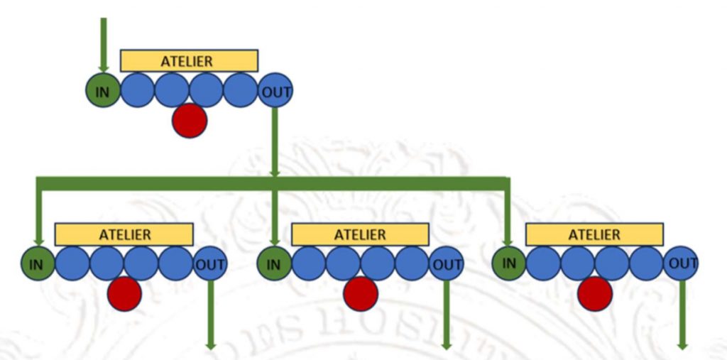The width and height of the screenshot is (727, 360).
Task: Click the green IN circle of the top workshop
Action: click(103, 92)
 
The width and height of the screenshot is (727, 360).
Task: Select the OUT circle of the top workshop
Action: click(275, 92)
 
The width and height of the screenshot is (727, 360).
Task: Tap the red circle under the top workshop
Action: click(190, 120)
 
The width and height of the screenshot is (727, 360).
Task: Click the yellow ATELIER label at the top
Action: click(189, 61)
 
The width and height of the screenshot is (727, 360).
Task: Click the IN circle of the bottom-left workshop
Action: click(38, 264)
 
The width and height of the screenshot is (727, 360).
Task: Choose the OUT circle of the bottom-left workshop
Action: click(210, 264)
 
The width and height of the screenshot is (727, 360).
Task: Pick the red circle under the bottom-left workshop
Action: click(124, 293)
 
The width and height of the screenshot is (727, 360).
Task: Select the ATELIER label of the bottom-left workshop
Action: click(124, 234)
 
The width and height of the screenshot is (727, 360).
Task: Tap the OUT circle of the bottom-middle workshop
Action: click(447, 264)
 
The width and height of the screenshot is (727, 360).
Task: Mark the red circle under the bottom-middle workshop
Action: click(361, 293)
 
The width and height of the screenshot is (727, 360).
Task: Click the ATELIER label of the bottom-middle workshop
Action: click(360, 234)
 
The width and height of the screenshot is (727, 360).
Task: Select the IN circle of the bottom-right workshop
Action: click(509, 263)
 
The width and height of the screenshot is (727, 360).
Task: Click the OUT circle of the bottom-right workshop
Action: click(682, 263)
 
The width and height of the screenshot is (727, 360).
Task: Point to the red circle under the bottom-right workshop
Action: click(595, 293)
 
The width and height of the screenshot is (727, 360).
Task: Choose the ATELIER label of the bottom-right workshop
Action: click(594, 234)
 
